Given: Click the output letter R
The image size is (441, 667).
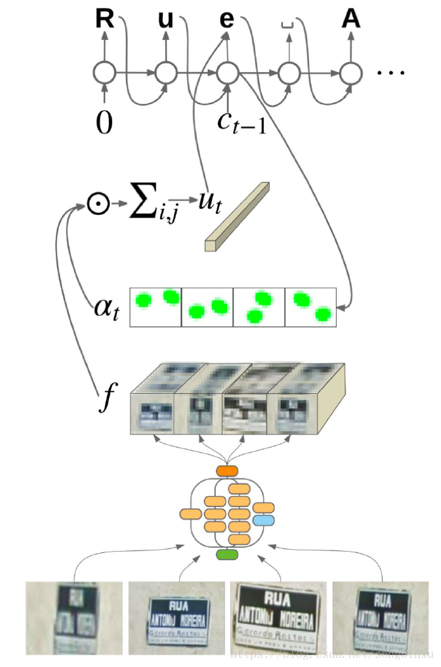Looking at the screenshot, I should [104, 20].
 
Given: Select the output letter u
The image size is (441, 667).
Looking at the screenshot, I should [166, 20].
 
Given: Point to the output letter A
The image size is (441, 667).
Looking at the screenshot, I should [351, 20].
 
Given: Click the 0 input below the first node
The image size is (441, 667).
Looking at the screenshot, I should [104, 123].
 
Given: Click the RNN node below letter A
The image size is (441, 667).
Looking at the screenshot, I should [351, 73].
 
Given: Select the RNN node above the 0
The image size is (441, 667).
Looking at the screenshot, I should [104, 73].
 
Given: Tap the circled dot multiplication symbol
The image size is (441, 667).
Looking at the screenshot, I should [96, 204].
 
